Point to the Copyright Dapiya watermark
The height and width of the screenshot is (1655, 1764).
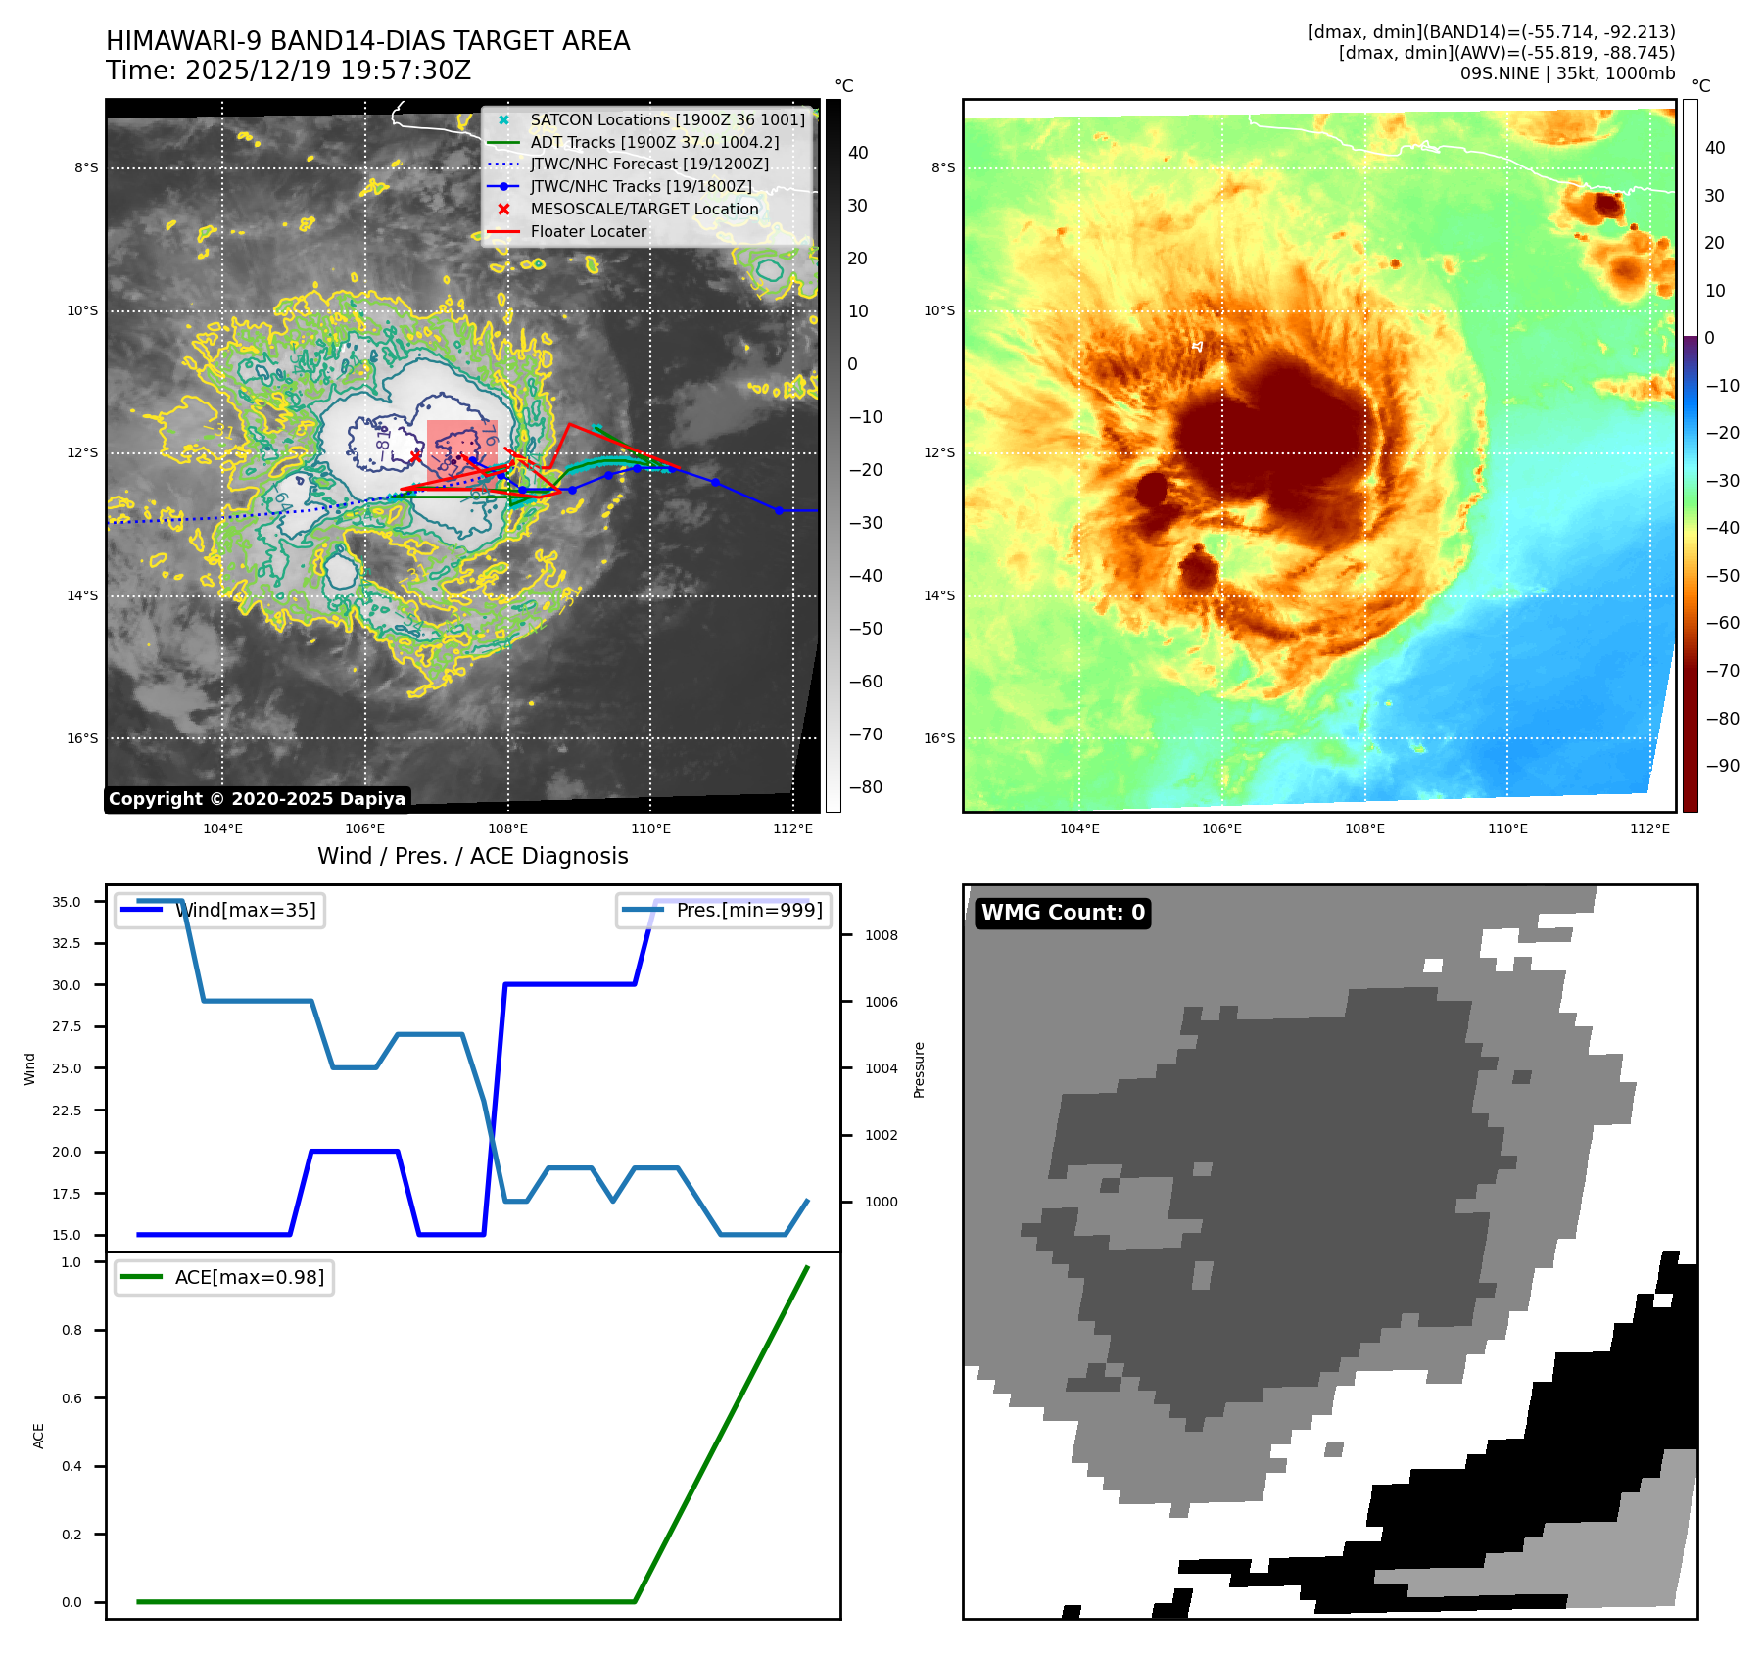coord(257,799)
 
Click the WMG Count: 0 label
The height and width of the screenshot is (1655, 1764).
coord(1063,913)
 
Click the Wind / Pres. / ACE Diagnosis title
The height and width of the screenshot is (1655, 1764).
coord(472,857)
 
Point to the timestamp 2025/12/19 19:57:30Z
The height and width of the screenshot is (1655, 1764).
coord(327,71)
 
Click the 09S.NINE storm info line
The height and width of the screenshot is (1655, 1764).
coord(1567,73)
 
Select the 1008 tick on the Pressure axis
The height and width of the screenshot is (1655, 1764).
coord(881,935)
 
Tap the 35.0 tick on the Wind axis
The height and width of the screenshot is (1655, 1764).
coord(67,902)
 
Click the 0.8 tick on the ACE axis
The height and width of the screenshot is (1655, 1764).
coord(72,1330)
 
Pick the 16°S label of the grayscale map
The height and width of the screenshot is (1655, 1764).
coord(82,738)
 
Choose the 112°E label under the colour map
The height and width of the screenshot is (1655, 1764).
coord(1649,829)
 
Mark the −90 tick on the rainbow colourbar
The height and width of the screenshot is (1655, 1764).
coord(1722,766)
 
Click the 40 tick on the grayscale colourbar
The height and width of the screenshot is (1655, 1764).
coord(858,153)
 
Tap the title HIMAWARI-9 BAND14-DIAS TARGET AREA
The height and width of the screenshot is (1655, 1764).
coord(367,42)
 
